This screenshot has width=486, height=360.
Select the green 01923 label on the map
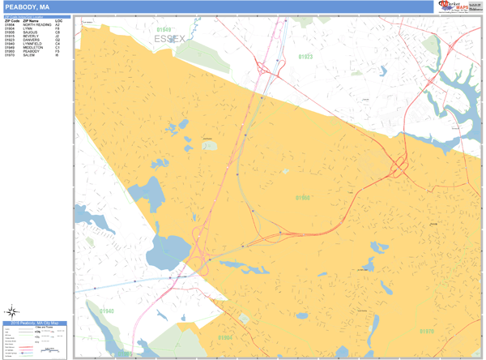pyautogui.click(x=305, y=58)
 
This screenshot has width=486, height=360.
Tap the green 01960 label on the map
pyautogui.click(x=302, y=197)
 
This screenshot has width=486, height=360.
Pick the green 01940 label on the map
pyautogui.click(x=107, y=311)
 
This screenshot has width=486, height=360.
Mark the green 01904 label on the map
pyautogui.click(x=225, y=336)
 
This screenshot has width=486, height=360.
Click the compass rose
pyautogui.click(x=12, y=310)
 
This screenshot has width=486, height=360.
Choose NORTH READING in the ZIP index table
pyautogui.click(x=37, y=25)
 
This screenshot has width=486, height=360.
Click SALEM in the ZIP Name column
pyautogui.click(x=29, y=55)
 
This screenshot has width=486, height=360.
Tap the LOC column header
pyautogui.click(x=58, y=21)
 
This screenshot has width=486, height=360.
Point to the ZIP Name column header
pyautogui.click(x=32, y=21)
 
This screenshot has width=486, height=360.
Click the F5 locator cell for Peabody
pyautogui.click(x=58, y=51)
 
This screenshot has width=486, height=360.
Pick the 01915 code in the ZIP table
pyautogui.click(x=10, y=36)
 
